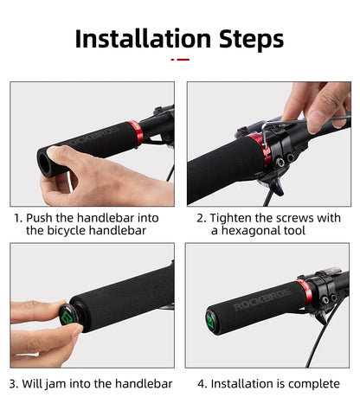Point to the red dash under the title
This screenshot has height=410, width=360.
[180, 60]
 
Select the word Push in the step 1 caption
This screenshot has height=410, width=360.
[41, 218]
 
